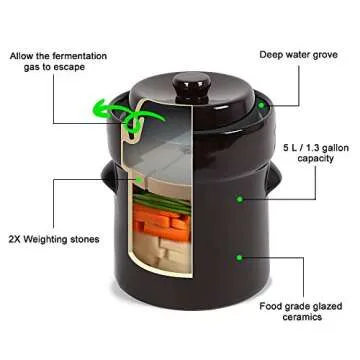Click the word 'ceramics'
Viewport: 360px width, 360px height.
point(304,317)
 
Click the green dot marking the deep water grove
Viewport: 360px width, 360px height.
point(261,103)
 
